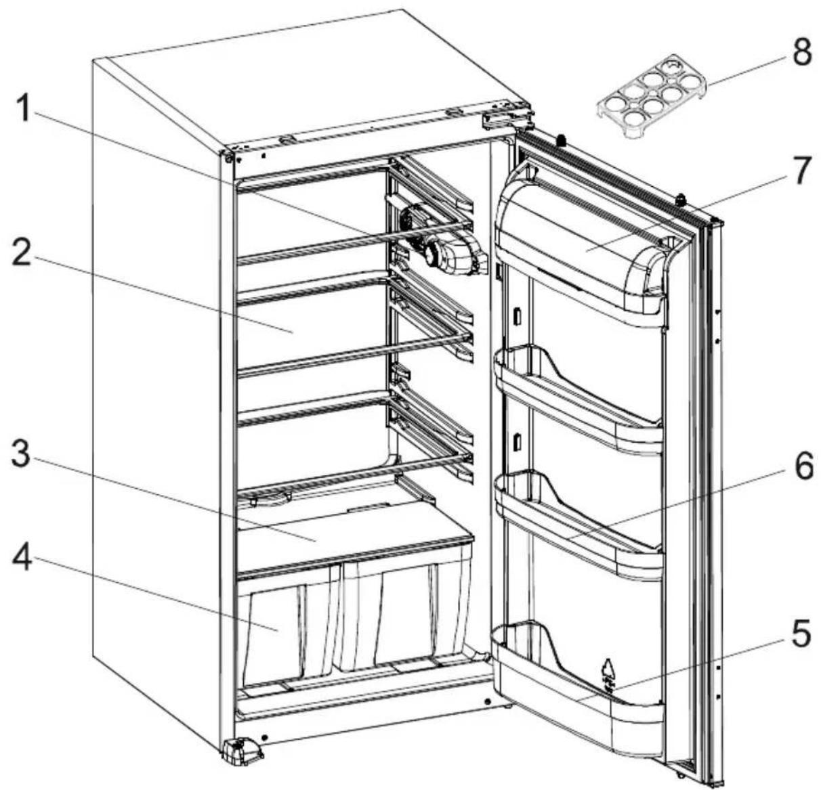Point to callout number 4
(22, 558)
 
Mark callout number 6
(803, 467)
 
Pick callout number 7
(802, 171)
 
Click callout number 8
(802, 52)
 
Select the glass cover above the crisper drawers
(352, 535)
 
